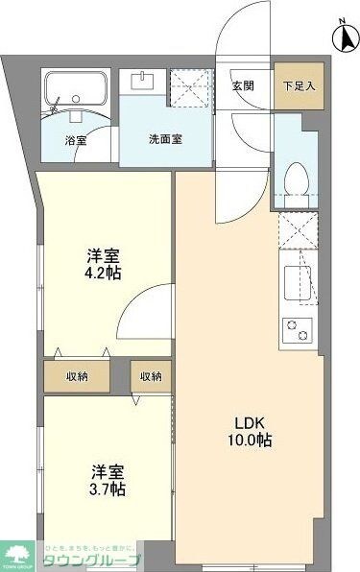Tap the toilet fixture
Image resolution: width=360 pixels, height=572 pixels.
point(297,179)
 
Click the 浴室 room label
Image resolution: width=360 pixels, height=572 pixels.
point(76,139)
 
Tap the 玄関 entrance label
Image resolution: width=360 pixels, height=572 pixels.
point(244,84)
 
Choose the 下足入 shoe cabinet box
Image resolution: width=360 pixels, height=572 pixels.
point(297,84)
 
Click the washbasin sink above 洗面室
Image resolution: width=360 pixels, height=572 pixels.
point(146,82)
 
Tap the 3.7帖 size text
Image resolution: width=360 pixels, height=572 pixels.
point(103,490)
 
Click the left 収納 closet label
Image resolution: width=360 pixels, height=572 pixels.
point(78,375)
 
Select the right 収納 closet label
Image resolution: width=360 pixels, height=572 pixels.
point(150,375)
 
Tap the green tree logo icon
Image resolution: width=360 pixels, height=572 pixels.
point(19,555)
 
